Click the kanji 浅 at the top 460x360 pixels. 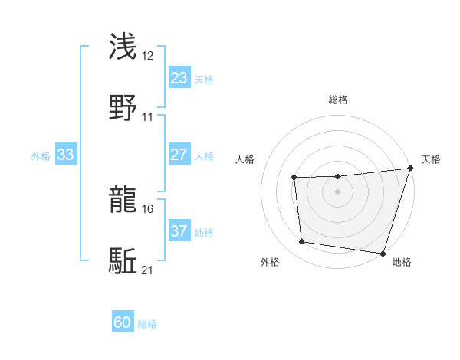coord(123,46)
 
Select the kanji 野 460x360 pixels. coord(123,108)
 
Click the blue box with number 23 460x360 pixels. coord(179,77)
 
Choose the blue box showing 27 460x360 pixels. coord(179,155)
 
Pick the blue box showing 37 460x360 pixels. coord(179,231)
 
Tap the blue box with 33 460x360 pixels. coord(66,155)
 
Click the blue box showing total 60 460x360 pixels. coord(123,322)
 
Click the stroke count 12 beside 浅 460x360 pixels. coord(148,55)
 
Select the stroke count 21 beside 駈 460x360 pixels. coord(148,270)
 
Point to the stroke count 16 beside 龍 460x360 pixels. coord(148,208)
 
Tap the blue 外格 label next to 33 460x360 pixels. coord(41,155)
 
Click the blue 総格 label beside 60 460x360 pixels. coord(147,324)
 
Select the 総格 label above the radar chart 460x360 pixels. coord(338,100)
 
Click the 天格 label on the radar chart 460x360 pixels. coord(431,159)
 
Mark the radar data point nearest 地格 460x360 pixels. coord(383,253)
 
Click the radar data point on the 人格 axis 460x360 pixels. coord(294,178)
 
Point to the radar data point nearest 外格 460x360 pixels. coord(302,242)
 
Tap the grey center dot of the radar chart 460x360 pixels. coord(338,191)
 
